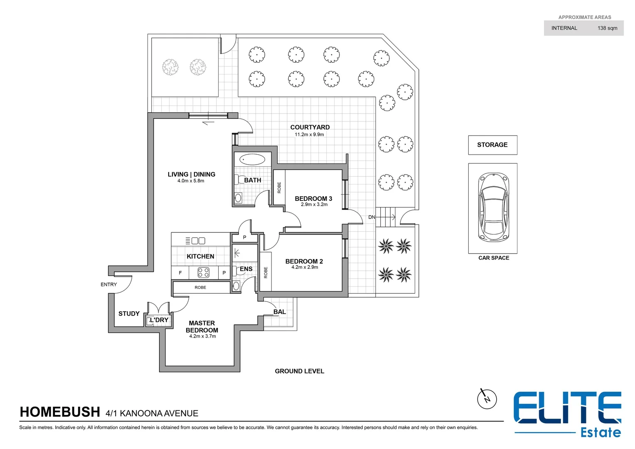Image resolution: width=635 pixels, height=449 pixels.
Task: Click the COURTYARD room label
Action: point(310,127)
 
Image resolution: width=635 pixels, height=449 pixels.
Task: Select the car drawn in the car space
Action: point(493,208)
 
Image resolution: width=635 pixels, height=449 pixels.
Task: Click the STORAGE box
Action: point(492,145)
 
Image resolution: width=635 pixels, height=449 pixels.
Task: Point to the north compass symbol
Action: point(487,399)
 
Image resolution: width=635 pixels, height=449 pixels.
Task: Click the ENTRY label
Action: point(108,284)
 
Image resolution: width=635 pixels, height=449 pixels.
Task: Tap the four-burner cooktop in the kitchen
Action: point(203,273)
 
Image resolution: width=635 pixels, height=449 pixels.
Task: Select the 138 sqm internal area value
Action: point(607,28)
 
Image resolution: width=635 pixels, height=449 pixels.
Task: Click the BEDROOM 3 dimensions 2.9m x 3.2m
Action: point(314,205)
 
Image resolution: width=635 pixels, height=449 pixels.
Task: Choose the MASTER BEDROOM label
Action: point(202,326)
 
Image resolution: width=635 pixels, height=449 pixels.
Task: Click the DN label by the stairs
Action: point(372,217)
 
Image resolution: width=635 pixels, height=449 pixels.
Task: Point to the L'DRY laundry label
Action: point(159,320)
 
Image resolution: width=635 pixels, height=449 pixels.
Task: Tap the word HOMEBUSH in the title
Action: point(60,412)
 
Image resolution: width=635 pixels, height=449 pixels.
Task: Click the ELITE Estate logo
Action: point(567,414)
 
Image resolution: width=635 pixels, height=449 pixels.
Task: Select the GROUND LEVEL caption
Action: point(299,371)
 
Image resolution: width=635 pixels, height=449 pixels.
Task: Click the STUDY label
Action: point(129,314)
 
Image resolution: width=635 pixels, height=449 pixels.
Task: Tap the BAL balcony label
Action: point(279,312)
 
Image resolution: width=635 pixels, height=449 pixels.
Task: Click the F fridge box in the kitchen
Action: point(180,273)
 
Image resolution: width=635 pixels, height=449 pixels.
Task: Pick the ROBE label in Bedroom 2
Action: point(266,272)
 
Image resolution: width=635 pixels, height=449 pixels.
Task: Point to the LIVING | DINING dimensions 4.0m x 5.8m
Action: point(191,181)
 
